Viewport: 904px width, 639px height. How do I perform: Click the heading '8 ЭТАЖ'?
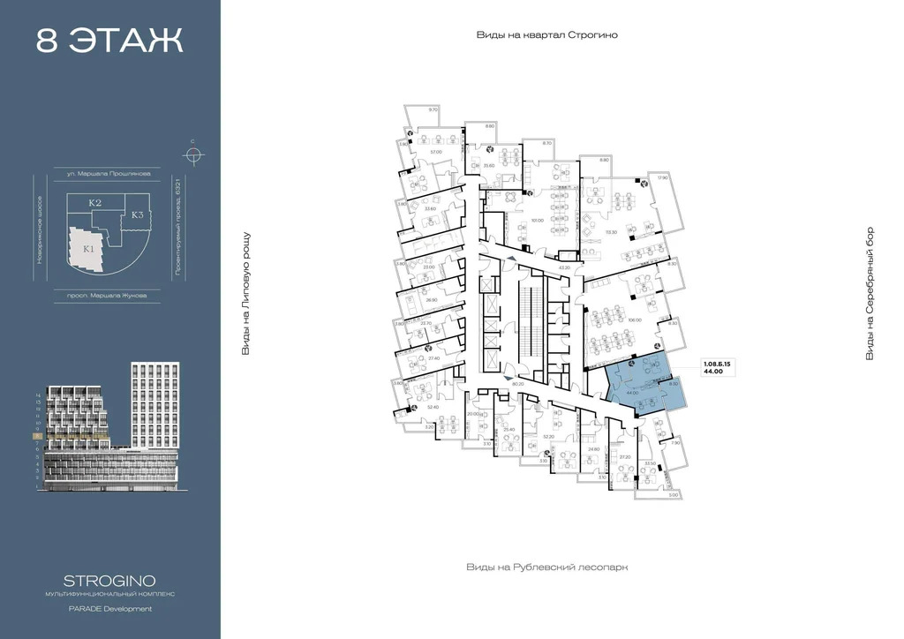(109, 41)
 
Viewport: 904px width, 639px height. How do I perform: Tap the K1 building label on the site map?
(88, 249)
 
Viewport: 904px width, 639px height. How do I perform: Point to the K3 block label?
(138, 214)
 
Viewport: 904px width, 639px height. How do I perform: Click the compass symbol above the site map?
(192, 154)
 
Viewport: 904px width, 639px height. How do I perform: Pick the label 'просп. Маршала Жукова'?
(107, 295)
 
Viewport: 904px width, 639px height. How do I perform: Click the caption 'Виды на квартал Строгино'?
(546, 35)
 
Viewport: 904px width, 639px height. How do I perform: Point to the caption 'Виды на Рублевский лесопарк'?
(546, 568)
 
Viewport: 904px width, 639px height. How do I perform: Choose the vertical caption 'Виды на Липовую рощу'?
(246, 294)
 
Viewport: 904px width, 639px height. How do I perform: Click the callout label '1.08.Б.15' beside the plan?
(718, 363)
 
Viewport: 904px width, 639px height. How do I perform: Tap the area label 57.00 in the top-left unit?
(435, 152)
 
